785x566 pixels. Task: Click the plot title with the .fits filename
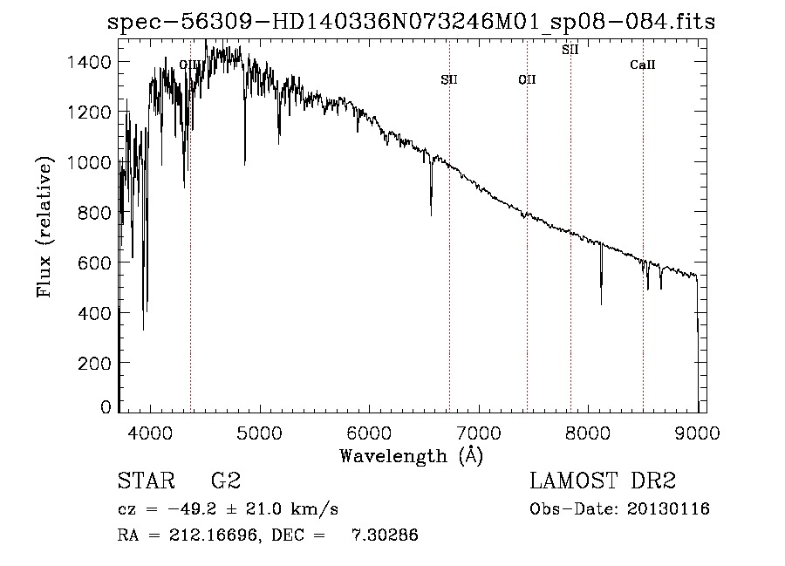(411, 22)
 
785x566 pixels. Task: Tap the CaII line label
(643, 65)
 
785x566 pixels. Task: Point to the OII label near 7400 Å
(527, 80)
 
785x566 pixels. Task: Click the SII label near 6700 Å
(449, 80)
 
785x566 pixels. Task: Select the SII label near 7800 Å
(570, 50)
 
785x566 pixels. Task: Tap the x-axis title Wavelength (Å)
(411, 455)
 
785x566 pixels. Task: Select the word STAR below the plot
(145, 481)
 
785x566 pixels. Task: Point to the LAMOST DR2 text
(603, 481)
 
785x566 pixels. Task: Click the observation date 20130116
(669, 509)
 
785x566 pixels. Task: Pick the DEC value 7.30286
(385, 535)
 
